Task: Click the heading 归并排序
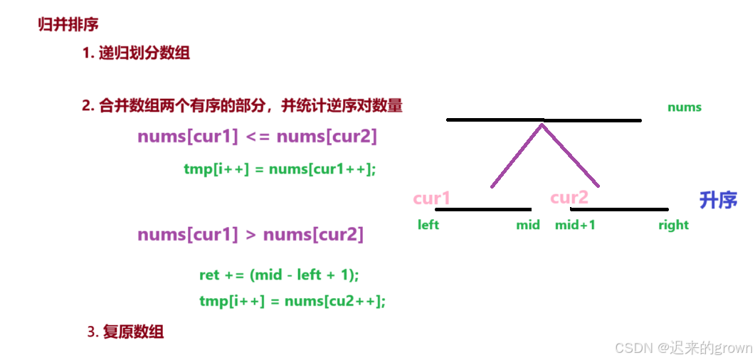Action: [68, 24]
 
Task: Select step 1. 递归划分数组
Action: [136, 53]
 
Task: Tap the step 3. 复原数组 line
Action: [125, 332]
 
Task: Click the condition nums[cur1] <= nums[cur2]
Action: [257, 136]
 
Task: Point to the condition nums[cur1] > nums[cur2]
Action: [250, 234]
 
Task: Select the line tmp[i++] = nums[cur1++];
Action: [279, 169]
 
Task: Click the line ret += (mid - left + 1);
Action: [279, 275]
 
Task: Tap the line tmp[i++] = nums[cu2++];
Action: [292, 301]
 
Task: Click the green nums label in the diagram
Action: [685, 107]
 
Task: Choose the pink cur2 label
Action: [569, 197]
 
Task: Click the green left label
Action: [428, 225]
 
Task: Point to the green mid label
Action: [528, 225]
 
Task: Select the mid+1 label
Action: [575, 225]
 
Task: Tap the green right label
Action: [673, 225]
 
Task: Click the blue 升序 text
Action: [718, 200]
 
